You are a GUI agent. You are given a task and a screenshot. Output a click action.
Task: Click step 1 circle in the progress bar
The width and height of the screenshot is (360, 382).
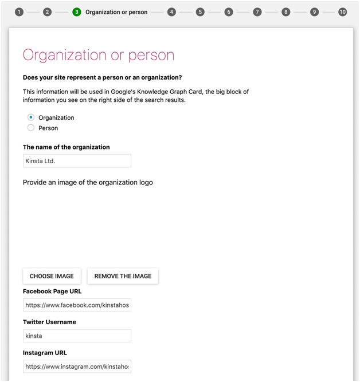click(19, 12)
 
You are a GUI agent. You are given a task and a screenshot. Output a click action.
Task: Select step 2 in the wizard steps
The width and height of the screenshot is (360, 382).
click(48, 12)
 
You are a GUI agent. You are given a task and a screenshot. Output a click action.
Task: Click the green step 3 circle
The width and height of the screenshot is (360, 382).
click(77, 12)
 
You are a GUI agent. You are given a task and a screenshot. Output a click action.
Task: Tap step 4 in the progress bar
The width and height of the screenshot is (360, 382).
click(171, 12)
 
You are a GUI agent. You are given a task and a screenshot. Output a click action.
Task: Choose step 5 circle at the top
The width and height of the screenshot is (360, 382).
click(200, 12)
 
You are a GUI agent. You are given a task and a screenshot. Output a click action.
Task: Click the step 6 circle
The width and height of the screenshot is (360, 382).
click(229, 12)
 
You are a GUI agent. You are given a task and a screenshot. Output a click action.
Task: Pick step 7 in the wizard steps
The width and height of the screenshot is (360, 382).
click(257, 12)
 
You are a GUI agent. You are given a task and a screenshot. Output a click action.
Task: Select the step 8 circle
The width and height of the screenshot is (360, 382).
click(285, 12)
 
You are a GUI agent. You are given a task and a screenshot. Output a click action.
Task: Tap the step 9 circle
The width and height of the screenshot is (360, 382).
click(314, 12)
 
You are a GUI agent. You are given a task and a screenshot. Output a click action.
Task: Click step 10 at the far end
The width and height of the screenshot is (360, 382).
click(343, 12)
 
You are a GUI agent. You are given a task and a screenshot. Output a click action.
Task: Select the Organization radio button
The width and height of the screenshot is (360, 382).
click(31, 117)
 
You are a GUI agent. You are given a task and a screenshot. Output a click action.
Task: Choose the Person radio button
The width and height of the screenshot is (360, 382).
click(31, 128)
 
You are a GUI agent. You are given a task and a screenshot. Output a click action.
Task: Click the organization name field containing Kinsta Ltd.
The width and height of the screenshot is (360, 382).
click(77, 161)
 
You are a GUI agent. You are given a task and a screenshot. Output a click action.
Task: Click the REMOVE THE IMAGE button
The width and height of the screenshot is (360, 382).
click(123, 276)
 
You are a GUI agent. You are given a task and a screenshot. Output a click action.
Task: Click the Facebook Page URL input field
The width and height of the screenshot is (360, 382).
click(77, 306)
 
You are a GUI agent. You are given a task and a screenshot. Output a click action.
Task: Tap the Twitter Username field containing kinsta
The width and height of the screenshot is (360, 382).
click(77, 336)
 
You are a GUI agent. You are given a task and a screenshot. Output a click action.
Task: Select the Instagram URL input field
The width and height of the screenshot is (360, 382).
click(77, 367)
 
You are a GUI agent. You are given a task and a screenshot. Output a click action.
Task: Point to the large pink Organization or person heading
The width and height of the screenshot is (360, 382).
click(99, 55)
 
